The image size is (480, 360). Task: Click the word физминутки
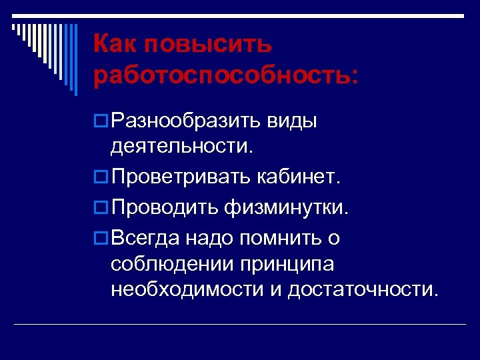[287, 208]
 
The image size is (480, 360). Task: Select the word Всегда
[146, 238]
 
